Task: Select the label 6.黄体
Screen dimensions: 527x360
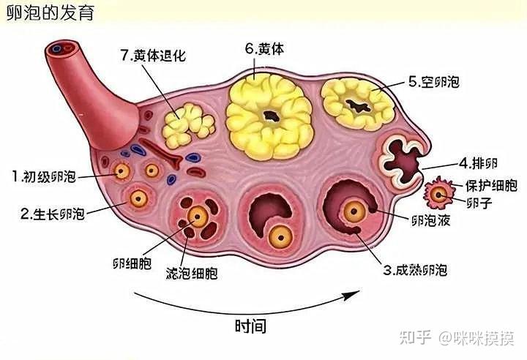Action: coord(264,49)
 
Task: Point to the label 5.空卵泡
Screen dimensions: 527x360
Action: coord(436,82)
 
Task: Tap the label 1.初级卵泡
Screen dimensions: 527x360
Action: coord(43,176)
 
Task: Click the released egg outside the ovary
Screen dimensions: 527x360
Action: coord(439,194)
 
